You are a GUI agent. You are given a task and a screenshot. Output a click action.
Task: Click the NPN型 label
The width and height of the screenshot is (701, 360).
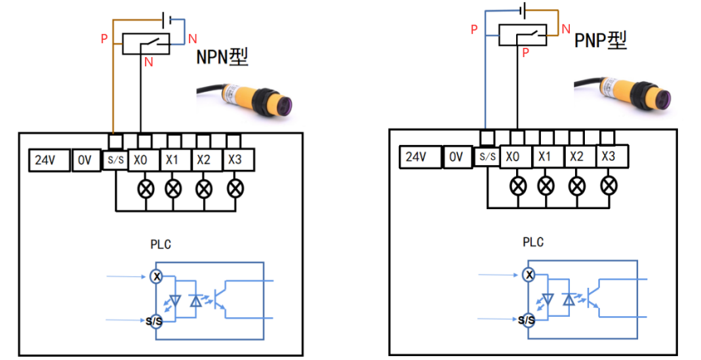(222, 57)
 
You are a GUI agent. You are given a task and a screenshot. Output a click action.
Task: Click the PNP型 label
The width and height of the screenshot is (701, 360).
(601, 41)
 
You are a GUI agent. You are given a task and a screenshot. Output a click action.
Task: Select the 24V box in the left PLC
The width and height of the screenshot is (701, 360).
(49, 161)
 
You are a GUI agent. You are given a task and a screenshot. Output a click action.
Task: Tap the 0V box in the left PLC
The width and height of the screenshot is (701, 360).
(85, 161)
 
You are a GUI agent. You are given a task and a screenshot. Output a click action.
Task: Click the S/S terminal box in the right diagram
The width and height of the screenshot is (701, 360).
(486, 157)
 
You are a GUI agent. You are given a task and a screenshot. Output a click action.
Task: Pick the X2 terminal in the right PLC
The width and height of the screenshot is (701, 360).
(576, 156)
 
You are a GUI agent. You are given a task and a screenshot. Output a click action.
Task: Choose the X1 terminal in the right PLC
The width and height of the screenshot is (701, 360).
(545, 156)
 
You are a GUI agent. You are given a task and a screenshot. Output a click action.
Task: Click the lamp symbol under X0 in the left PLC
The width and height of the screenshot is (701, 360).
(144, 189)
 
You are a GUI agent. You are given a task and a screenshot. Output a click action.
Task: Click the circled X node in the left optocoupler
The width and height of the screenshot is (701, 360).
(157, 277)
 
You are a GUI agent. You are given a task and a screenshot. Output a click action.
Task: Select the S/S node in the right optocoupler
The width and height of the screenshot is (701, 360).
(526, 320)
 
